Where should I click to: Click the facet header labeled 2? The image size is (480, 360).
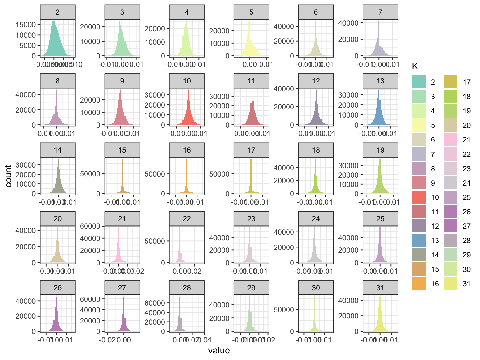click(57, 12)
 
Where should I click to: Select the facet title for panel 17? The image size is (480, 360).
click(251, 150)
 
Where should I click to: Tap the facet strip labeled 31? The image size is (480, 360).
click(380, 288)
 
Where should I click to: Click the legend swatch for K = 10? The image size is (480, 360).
click(419, 197)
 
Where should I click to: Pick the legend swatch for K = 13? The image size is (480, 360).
click(419, 240)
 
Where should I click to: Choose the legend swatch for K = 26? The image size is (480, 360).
click(451, 212)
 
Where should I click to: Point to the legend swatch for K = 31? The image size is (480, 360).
click(451, 283)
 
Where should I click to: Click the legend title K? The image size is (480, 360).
click(415, 66)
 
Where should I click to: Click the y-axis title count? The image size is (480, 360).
click(8, 176)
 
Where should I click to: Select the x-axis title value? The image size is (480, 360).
click(219, 351)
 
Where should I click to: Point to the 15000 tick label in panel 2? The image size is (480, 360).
click(26, 25)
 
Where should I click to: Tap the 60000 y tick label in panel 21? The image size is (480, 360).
click(90, 226)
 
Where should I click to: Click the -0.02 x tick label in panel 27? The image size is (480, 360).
click(107, 340)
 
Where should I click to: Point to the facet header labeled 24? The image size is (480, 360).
click(316, 219)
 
